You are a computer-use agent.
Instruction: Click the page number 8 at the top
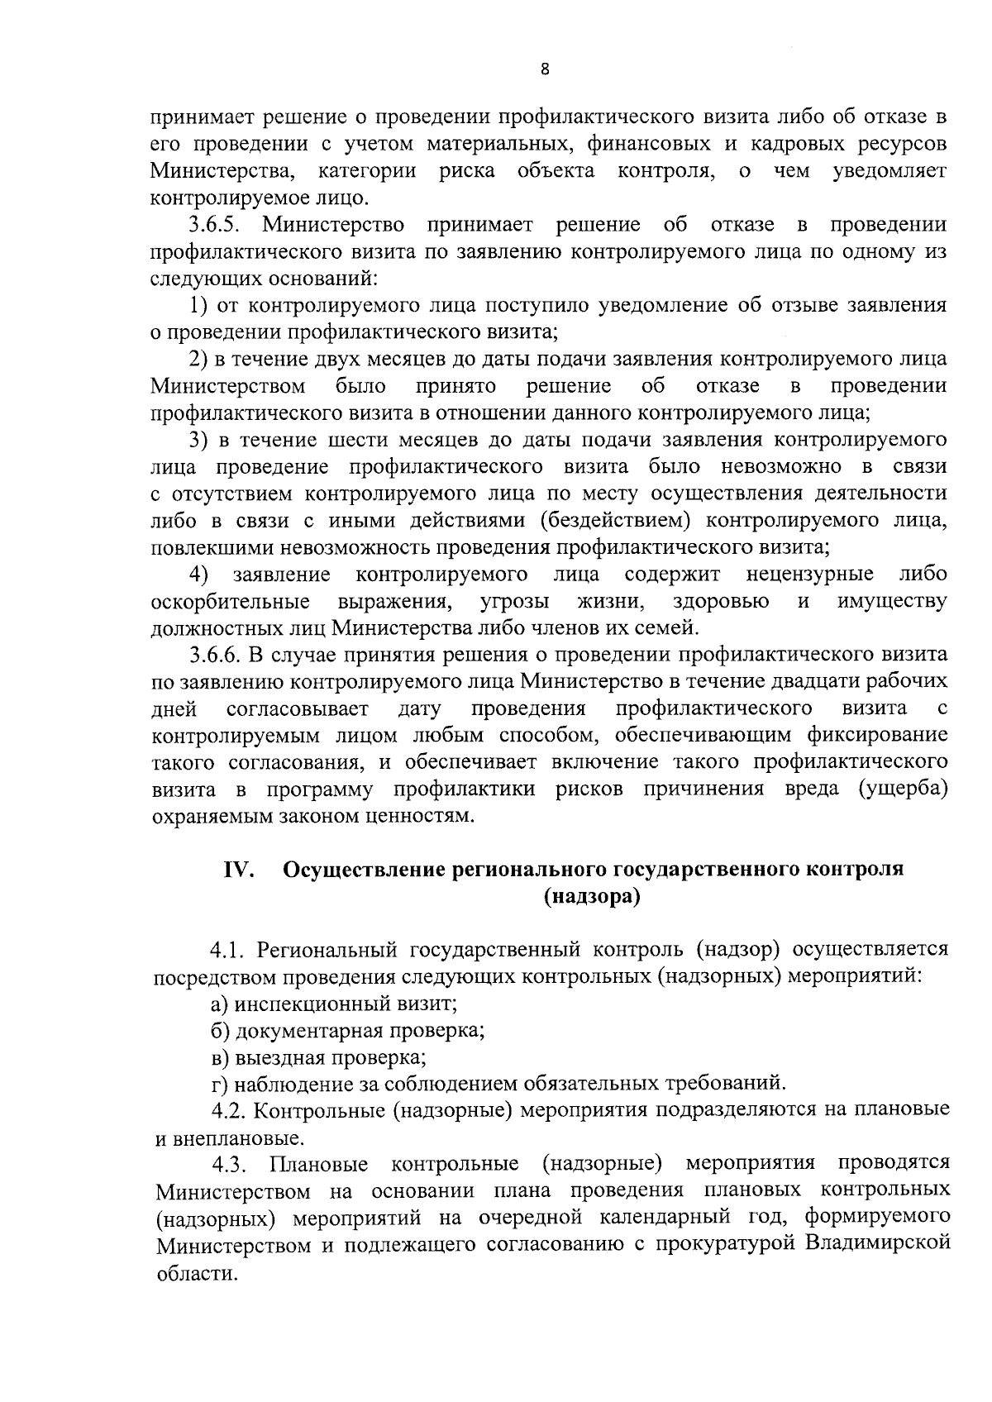(x=544, y=69)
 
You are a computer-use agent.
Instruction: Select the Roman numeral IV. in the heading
(x=238, y=870)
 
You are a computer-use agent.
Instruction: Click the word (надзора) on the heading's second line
(x=592, y=897)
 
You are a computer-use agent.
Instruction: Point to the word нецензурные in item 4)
(x=809, y=574)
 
